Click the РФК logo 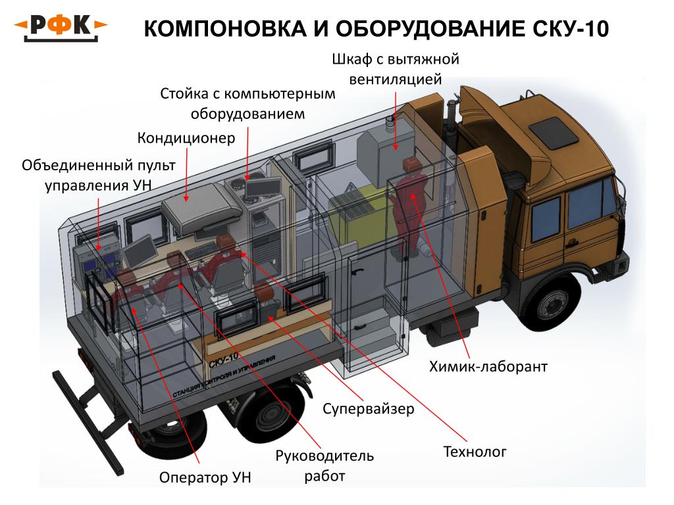coord(61,27)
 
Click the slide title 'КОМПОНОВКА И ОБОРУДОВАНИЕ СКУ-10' coord(376,29)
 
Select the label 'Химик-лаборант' coord(488,366)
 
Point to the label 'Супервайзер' coord(369,409)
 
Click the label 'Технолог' coord(475,452)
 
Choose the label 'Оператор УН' coord(205,477)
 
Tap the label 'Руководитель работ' coord(324,465)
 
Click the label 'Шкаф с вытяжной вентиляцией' coord(394,69)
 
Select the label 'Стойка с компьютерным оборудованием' coord(248,103)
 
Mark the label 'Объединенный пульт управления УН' coord(88,174)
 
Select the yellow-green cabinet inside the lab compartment coord(356,217)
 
